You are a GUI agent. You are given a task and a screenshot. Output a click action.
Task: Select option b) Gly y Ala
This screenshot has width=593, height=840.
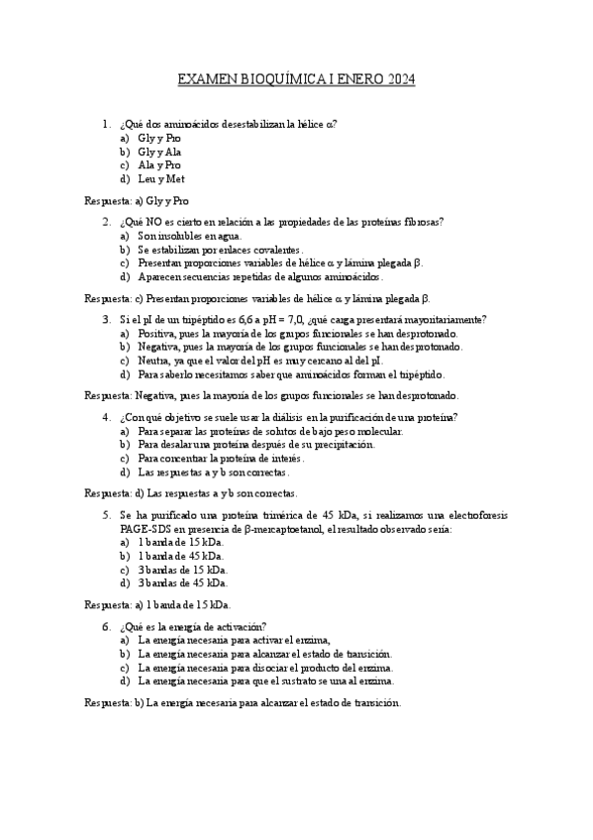click(158, 152)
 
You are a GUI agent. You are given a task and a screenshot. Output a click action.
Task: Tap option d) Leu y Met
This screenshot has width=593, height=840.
click(160, 179)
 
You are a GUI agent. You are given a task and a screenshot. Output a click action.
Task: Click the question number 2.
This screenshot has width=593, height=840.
click(106, 222)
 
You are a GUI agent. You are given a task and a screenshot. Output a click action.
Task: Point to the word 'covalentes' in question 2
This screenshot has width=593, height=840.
click(272, 250)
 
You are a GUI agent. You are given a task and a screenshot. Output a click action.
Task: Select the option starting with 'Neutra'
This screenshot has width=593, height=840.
click(154, 361)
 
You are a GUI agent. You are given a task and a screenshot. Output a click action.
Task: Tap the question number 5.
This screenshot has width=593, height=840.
click(106, 515)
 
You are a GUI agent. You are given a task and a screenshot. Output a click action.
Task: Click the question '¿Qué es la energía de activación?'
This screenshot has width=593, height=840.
click(192, 626)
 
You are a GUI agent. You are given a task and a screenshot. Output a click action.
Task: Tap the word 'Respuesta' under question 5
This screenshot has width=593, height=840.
click(108, 604)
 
